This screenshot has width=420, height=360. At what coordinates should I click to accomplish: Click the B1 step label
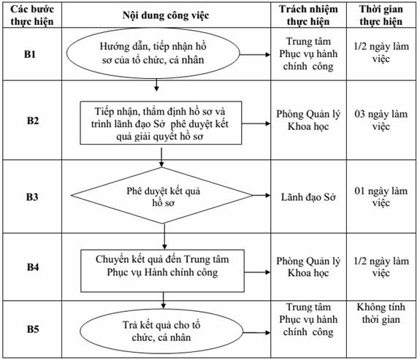[30, 54]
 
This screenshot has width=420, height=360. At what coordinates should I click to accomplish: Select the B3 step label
[32, 197]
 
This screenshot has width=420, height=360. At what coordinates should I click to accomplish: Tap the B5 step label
[33, 329]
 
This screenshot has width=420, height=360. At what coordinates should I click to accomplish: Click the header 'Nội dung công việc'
[166, 15]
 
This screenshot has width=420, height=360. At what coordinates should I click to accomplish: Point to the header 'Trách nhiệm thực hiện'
[308, 15]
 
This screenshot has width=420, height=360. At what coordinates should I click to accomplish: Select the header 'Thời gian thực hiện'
[381, 15]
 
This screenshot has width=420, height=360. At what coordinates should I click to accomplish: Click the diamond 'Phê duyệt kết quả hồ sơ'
[162, 196]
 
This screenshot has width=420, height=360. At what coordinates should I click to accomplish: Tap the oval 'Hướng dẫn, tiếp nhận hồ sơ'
[153, 53]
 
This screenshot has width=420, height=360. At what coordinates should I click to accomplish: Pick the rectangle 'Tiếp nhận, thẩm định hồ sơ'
[161, 123]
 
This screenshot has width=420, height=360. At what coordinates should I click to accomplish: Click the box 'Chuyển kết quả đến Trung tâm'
[163, 271]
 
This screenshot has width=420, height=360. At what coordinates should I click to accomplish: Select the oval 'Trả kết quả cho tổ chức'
[161, 331]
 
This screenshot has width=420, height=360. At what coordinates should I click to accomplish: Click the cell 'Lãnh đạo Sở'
[308, 197]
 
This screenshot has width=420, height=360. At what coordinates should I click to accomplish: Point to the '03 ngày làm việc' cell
[381, 120]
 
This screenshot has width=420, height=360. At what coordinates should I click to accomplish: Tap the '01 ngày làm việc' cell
[381, 197]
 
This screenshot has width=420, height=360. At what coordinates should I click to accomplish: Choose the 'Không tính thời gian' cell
[381, 313]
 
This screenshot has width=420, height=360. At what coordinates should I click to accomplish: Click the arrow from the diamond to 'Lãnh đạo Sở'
[261, 195]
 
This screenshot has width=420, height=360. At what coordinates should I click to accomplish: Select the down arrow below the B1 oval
[157, 85]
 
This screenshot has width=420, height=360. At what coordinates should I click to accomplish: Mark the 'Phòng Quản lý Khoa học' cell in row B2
[308, 120]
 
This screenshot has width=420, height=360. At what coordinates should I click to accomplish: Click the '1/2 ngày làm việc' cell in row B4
[381, 267]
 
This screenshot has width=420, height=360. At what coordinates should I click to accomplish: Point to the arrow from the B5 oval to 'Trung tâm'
[256, 333]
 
